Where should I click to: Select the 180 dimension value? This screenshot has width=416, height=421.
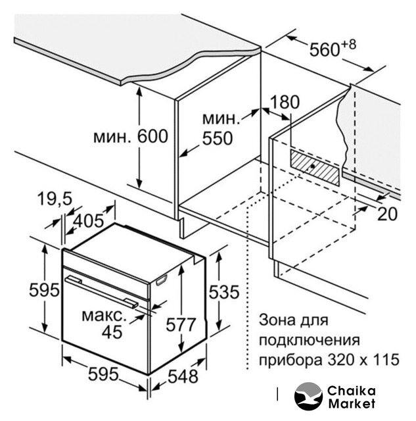tap(284, 102)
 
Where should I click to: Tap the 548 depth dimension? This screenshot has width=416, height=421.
tap(182, 377)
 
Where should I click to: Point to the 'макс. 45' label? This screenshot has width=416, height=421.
tap(106, 324)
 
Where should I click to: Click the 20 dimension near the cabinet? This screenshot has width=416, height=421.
tap(388, 212)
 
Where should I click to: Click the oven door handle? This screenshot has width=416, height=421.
tap(102, 291)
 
